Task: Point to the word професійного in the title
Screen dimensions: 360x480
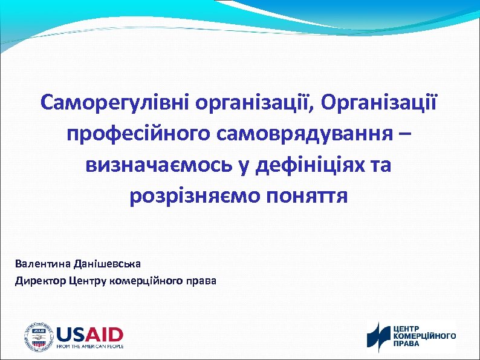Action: pyautogui.click(x=132, y=133)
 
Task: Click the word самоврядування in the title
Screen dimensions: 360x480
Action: pyautogui.click(x=298, y=133)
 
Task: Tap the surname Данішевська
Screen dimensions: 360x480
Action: pyautogui.click(x=107, y=264)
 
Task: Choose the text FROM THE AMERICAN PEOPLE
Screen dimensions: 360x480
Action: pyautogui.click(x=89, y=347)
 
